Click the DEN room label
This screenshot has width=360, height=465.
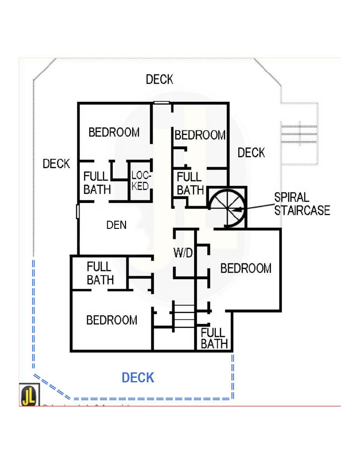click(116, 224)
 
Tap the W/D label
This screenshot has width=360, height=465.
click(183, 253)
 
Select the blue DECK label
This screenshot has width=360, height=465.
click(138, 377)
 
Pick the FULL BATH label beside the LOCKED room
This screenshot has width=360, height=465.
click(96, 183)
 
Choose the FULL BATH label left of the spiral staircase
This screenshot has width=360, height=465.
click(190, 183)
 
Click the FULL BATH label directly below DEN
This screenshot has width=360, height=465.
click(100, 273)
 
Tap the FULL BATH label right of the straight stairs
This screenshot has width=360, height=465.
click(214, 338)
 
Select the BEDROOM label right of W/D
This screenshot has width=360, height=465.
click(246, 268)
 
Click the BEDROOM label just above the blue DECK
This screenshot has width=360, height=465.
click(112, 320)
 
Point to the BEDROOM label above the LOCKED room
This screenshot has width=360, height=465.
click(114, 132)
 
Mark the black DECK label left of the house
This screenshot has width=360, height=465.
click(56, 163)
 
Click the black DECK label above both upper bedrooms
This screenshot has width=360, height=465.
click(160, 79)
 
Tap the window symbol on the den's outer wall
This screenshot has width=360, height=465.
click(78, 211)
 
